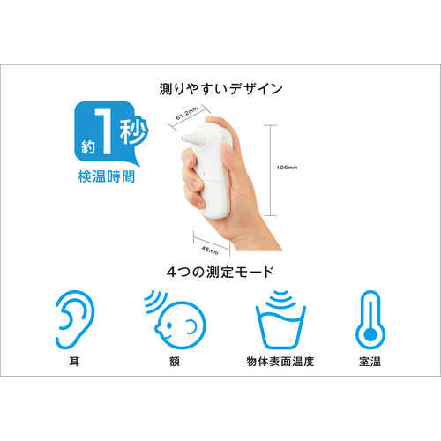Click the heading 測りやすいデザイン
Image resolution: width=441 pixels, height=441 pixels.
[220, 89]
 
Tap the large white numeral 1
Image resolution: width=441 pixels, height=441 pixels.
[105, 131]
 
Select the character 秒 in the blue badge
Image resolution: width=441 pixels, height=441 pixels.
[133, 131]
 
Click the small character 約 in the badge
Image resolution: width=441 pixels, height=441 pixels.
[88, 147]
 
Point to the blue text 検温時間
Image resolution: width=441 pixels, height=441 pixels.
[107, 176]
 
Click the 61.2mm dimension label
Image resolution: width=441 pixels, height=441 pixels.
[186, 114]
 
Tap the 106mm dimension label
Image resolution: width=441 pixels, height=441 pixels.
[287, 168]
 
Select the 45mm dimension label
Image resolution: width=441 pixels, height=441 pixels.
[210, 250]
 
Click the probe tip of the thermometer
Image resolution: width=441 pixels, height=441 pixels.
[183, 138]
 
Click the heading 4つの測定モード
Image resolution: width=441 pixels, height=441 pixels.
[220, 272]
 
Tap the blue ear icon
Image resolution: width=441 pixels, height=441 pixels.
[75, 319]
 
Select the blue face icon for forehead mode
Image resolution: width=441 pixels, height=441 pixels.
[176, 320]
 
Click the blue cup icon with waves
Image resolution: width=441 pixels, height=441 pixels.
[280, 319]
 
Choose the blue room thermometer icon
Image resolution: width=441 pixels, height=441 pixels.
[370, 319]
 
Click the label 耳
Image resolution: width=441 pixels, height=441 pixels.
[74, 362]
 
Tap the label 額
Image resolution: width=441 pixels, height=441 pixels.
[175, 362]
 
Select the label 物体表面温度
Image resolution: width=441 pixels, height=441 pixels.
[280, 362]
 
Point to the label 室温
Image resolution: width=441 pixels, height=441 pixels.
[370, 362]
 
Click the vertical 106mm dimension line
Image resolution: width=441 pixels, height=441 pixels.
[270, 170]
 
